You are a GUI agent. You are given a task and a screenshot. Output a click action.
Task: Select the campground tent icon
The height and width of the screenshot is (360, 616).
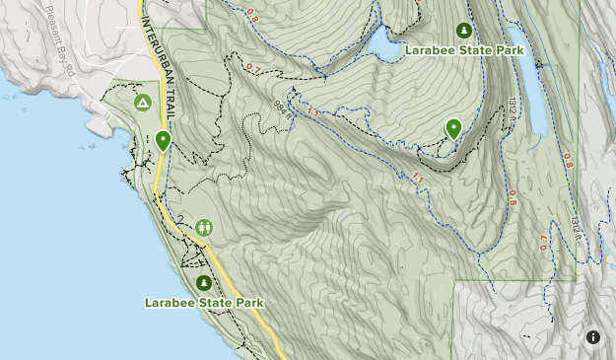click(x=143, y=102)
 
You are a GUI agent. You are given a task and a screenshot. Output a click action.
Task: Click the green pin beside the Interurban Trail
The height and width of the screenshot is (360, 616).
click(x=163, y=141)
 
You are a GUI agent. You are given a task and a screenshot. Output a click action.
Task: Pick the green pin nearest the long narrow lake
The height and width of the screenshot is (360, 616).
click(x=453, y=128)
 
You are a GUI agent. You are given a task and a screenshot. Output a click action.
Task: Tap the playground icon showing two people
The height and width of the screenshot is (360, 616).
click(x=204, y=228)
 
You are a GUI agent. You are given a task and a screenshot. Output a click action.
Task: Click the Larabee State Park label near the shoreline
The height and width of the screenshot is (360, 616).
click(x=204, y=303)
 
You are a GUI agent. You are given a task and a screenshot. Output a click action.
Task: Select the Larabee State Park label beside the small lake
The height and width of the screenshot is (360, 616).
click(x=462, y=49)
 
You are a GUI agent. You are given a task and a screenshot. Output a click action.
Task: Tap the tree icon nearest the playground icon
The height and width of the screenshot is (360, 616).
click(x=204, y=283)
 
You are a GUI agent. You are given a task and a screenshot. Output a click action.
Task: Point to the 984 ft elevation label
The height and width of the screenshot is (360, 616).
click(x=284, y=108)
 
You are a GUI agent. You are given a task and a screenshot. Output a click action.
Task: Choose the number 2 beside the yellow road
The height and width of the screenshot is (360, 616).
click(x=181, y=218)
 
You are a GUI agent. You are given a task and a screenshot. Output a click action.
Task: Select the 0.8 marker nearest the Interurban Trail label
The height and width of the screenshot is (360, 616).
click(x=251, y=17)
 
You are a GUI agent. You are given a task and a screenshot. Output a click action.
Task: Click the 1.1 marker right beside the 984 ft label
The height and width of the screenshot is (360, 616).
click(x=313, y=113)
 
